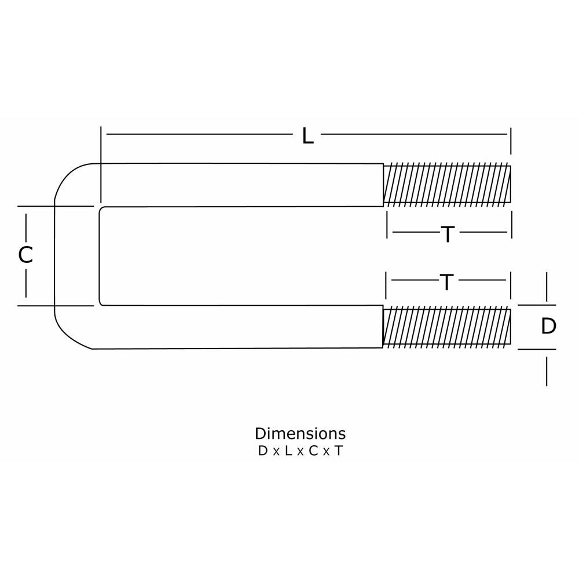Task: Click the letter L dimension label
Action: pos(307,137)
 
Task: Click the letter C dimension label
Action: pos(25,255)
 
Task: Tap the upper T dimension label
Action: pos(448,234)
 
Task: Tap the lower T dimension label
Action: pos(446,283)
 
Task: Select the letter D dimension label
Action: pos(548,327)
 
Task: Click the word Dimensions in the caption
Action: pos(300,433)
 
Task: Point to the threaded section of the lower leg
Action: pos(447,328)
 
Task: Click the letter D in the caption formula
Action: pos(263,452)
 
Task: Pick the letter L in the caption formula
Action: pos(288,452)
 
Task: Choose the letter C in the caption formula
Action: pos(313,452)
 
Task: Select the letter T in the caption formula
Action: pos(338,452)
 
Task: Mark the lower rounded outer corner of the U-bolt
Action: pos(68,336)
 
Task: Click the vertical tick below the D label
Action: pos(547,371)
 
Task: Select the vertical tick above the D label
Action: pos(547,286)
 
